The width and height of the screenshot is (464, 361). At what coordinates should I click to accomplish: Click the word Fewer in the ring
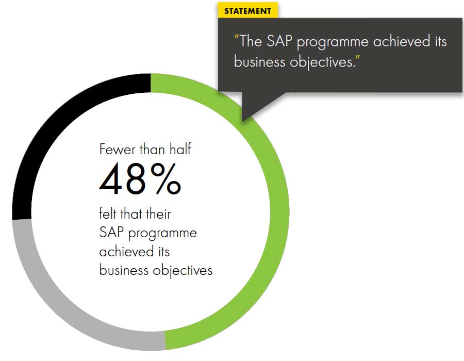(117, 150)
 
